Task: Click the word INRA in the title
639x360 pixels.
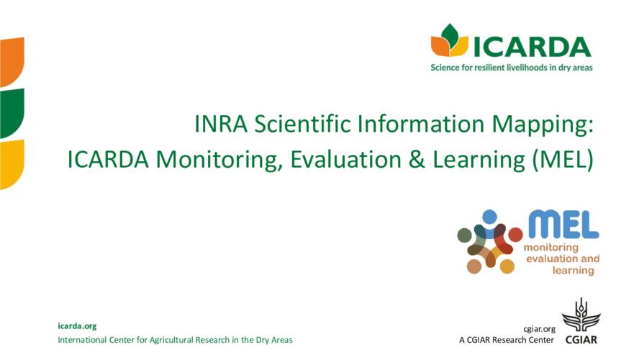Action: tap(221, 124)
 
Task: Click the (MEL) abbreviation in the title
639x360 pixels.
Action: tap(563, 160)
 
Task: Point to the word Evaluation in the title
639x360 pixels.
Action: tap(345, 159)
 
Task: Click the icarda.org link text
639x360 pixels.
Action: tap(77, 325)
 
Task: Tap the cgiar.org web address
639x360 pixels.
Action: tap(539, 329)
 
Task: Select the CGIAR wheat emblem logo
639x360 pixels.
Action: tap(581, 315)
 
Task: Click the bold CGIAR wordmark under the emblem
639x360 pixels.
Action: tap(581, 340)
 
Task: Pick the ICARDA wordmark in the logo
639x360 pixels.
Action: tap(532, 47)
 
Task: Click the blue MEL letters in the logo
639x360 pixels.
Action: tap(563, 224)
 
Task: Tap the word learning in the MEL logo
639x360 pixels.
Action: tap(573, 270)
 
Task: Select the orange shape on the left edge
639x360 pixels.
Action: tap(12, 62)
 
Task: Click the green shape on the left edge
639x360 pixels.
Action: tap(12, 113)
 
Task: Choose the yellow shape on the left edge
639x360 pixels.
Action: tap(12, 164)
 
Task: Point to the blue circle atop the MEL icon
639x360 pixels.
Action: tap(489, 217)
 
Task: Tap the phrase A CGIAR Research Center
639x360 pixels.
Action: tap(507, 340)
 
